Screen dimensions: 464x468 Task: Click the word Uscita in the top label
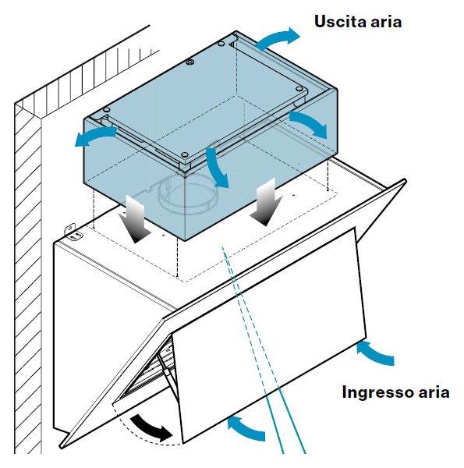(338, 22)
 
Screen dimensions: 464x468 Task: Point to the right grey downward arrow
(266, 202)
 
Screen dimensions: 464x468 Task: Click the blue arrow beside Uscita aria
(277, 38)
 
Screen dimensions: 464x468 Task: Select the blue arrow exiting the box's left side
(94, 136)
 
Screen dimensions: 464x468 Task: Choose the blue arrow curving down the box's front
(216, 167)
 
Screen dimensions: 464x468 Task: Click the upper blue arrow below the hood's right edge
(376, 353)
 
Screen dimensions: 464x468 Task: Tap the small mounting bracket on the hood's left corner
(73, 232)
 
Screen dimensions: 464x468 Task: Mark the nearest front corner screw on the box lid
(185, 154)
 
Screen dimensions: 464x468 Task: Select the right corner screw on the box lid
(299, 89)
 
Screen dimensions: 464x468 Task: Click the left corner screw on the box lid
(107, 109)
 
